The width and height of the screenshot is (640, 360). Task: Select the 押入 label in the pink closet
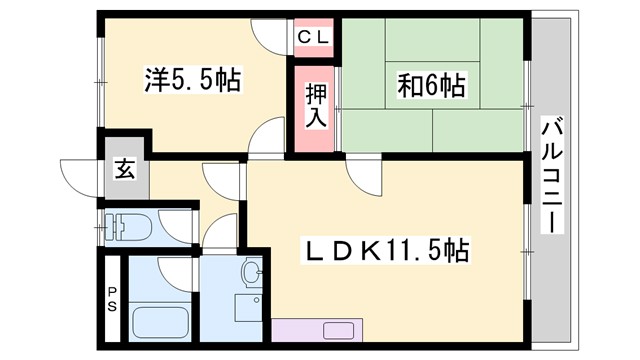(x=316, y=104)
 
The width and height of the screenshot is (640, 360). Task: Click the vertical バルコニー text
(x=553, y=174)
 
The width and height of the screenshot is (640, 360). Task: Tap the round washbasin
(x=252, y=271)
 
